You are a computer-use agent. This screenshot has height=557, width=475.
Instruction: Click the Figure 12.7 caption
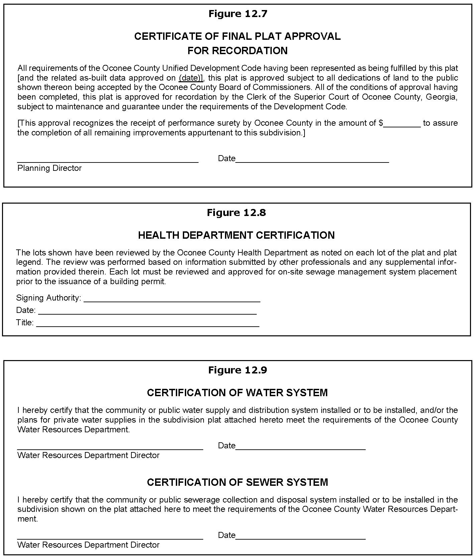click(238, 14)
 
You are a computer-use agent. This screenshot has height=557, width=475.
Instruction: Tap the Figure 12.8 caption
click(236, 213)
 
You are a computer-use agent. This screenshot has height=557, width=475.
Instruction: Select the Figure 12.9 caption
click(237, 370)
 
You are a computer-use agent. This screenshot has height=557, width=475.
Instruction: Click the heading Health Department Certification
click(236, 235)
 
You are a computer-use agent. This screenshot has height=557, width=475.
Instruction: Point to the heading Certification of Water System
click(237, 393)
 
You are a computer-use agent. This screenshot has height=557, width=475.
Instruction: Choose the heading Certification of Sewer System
click(237, 482)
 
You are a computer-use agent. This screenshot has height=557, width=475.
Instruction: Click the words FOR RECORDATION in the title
click(237, 50)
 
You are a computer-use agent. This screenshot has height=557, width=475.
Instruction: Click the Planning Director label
click(49, 168)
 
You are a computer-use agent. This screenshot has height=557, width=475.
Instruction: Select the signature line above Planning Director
click(108, 162)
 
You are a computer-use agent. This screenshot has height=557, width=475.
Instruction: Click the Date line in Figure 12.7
click(312, 162)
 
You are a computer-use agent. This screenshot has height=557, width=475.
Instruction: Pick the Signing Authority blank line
click(172, 301)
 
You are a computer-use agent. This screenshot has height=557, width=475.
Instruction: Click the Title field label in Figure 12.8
click(25, 323)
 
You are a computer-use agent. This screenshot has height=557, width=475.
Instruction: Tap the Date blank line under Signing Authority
click(147, 314)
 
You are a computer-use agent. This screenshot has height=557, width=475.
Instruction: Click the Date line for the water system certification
click(300, 449)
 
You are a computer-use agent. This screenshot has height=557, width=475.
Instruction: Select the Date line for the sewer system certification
click(300, 539)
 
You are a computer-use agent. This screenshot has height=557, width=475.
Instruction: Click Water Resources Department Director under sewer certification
click(88, 545)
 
